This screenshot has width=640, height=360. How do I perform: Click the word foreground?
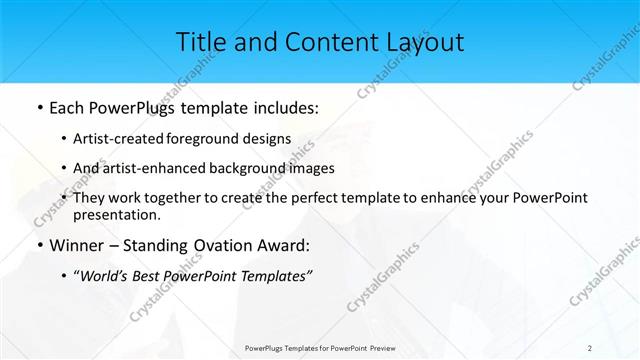(x=209, y=139)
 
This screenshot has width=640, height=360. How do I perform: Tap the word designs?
(x=268, y=139)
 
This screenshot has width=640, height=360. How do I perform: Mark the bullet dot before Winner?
(x=38, y=246)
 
